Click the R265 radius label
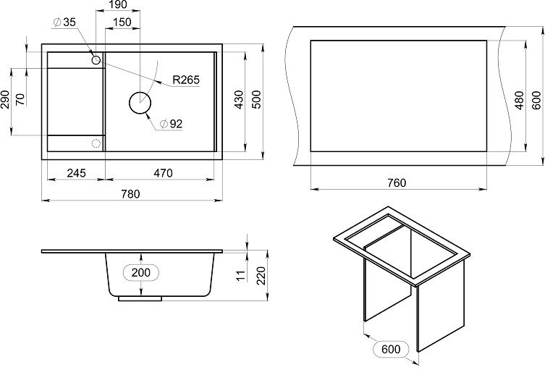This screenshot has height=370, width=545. (x=186, y=80)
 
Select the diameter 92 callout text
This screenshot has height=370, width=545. (x=171, y=124)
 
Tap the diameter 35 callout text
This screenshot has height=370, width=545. (x=64, y=22)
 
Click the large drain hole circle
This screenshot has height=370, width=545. (x=140, y=103)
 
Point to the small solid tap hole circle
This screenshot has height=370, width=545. (x=96, y=60)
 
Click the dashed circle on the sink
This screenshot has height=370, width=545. (x=96, y=143)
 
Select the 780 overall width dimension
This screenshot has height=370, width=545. (x=131, y=194)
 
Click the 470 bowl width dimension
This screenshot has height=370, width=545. (x=163, y=173)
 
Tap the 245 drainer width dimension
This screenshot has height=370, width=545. (x=76, y=173)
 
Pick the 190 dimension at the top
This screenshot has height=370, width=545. (x=118, y=4)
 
